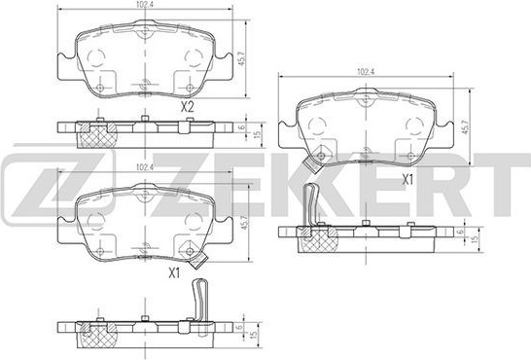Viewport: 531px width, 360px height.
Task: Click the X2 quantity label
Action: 187,107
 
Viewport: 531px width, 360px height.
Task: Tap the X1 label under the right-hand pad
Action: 407,180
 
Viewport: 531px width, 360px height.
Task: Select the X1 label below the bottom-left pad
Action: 174,273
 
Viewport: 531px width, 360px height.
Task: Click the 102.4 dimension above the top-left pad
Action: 144,5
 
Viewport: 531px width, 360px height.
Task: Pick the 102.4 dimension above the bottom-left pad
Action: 144,167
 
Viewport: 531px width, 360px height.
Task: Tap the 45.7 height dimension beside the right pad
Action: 466,126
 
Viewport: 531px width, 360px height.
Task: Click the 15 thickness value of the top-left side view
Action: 257,134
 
